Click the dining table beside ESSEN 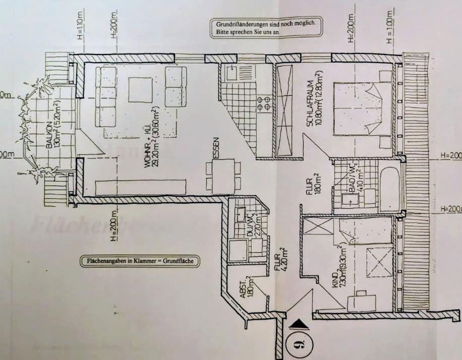click(x=223, y=174)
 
